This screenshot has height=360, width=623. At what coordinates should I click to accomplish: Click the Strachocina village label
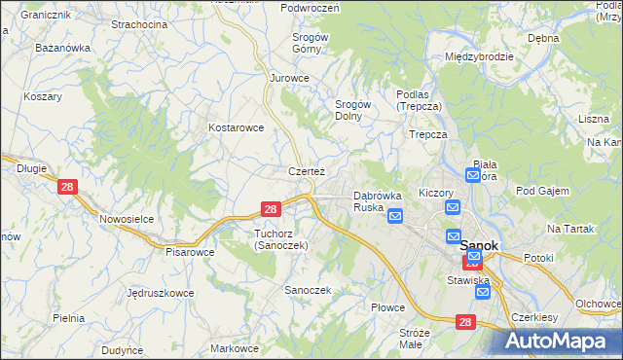coord(139,23)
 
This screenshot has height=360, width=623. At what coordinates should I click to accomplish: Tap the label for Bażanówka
coord(62,47)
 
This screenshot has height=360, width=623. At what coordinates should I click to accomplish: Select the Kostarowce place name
coord(237,127)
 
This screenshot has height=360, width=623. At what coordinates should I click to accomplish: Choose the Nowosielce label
coord(127,219)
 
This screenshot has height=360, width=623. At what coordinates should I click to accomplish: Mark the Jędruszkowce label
coord(160,292)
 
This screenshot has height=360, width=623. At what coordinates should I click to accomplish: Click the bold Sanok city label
coord(479,246)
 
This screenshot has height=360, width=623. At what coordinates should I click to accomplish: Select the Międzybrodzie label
coord(479,56)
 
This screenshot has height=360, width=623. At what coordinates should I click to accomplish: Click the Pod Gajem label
coord(542,191)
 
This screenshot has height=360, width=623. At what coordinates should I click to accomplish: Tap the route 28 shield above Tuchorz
coord(272,208)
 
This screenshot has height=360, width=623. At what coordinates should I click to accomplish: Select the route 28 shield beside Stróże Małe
coord(465,322)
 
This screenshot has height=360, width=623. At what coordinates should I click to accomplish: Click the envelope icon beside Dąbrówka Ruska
coord(395,216)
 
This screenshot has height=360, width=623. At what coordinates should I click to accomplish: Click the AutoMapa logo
coord(562,340)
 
